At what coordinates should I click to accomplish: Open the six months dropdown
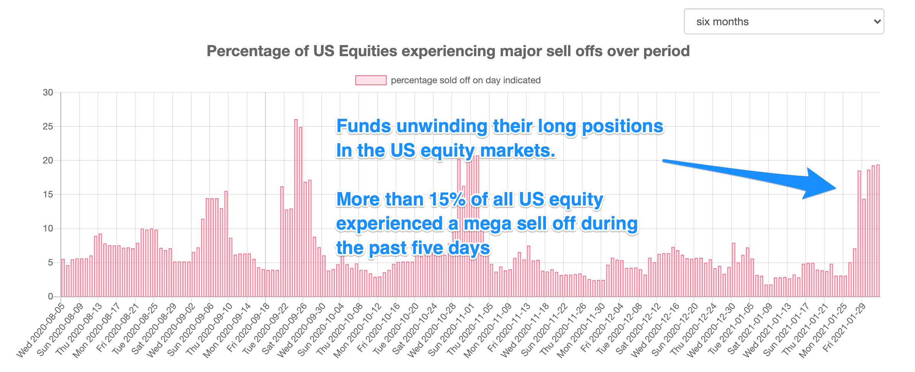783,21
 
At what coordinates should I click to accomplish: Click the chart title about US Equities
448,51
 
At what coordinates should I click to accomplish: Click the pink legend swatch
370,80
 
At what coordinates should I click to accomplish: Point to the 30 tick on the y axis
48,92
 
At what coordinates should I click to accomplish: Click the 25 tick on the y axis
48,126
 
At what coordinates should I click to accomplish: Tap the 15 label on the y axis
48,194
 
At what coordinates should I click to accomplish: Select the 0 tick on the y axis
50,296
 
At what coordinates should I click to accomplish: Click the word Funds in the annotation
363,126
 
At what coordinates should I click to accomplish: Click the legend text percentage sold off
466,80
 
